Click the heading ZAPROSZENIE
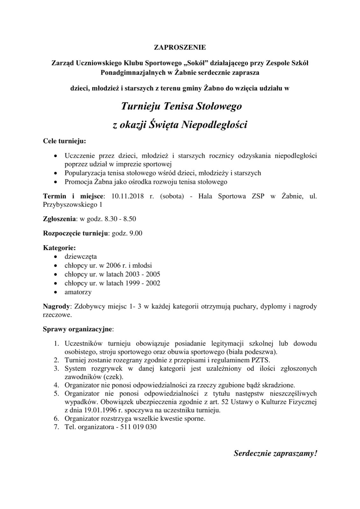pyautogui.click(x=180, y=48)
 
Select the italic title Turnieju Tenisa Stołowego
pyautogui.click(x=181, y=106)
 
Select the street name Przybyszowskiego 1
pyautogui.click(x=73, y=205)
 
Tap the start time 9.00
pyautogui.click(x=136, y=234)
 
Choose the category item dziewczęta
pyautogui.click(x=81, y=256)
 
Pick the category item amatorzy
pyautogui.click(x=78, y=292)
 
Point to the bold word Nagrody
pyautogui.click(x=56, y=307)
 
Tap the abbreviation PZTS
pyautogui.click(x=260, y=360)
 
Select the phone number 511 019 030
pyautogui.click(x=138, y=427)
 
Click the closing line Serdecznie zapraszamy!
pyautogui.click(x=275, y=453)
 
